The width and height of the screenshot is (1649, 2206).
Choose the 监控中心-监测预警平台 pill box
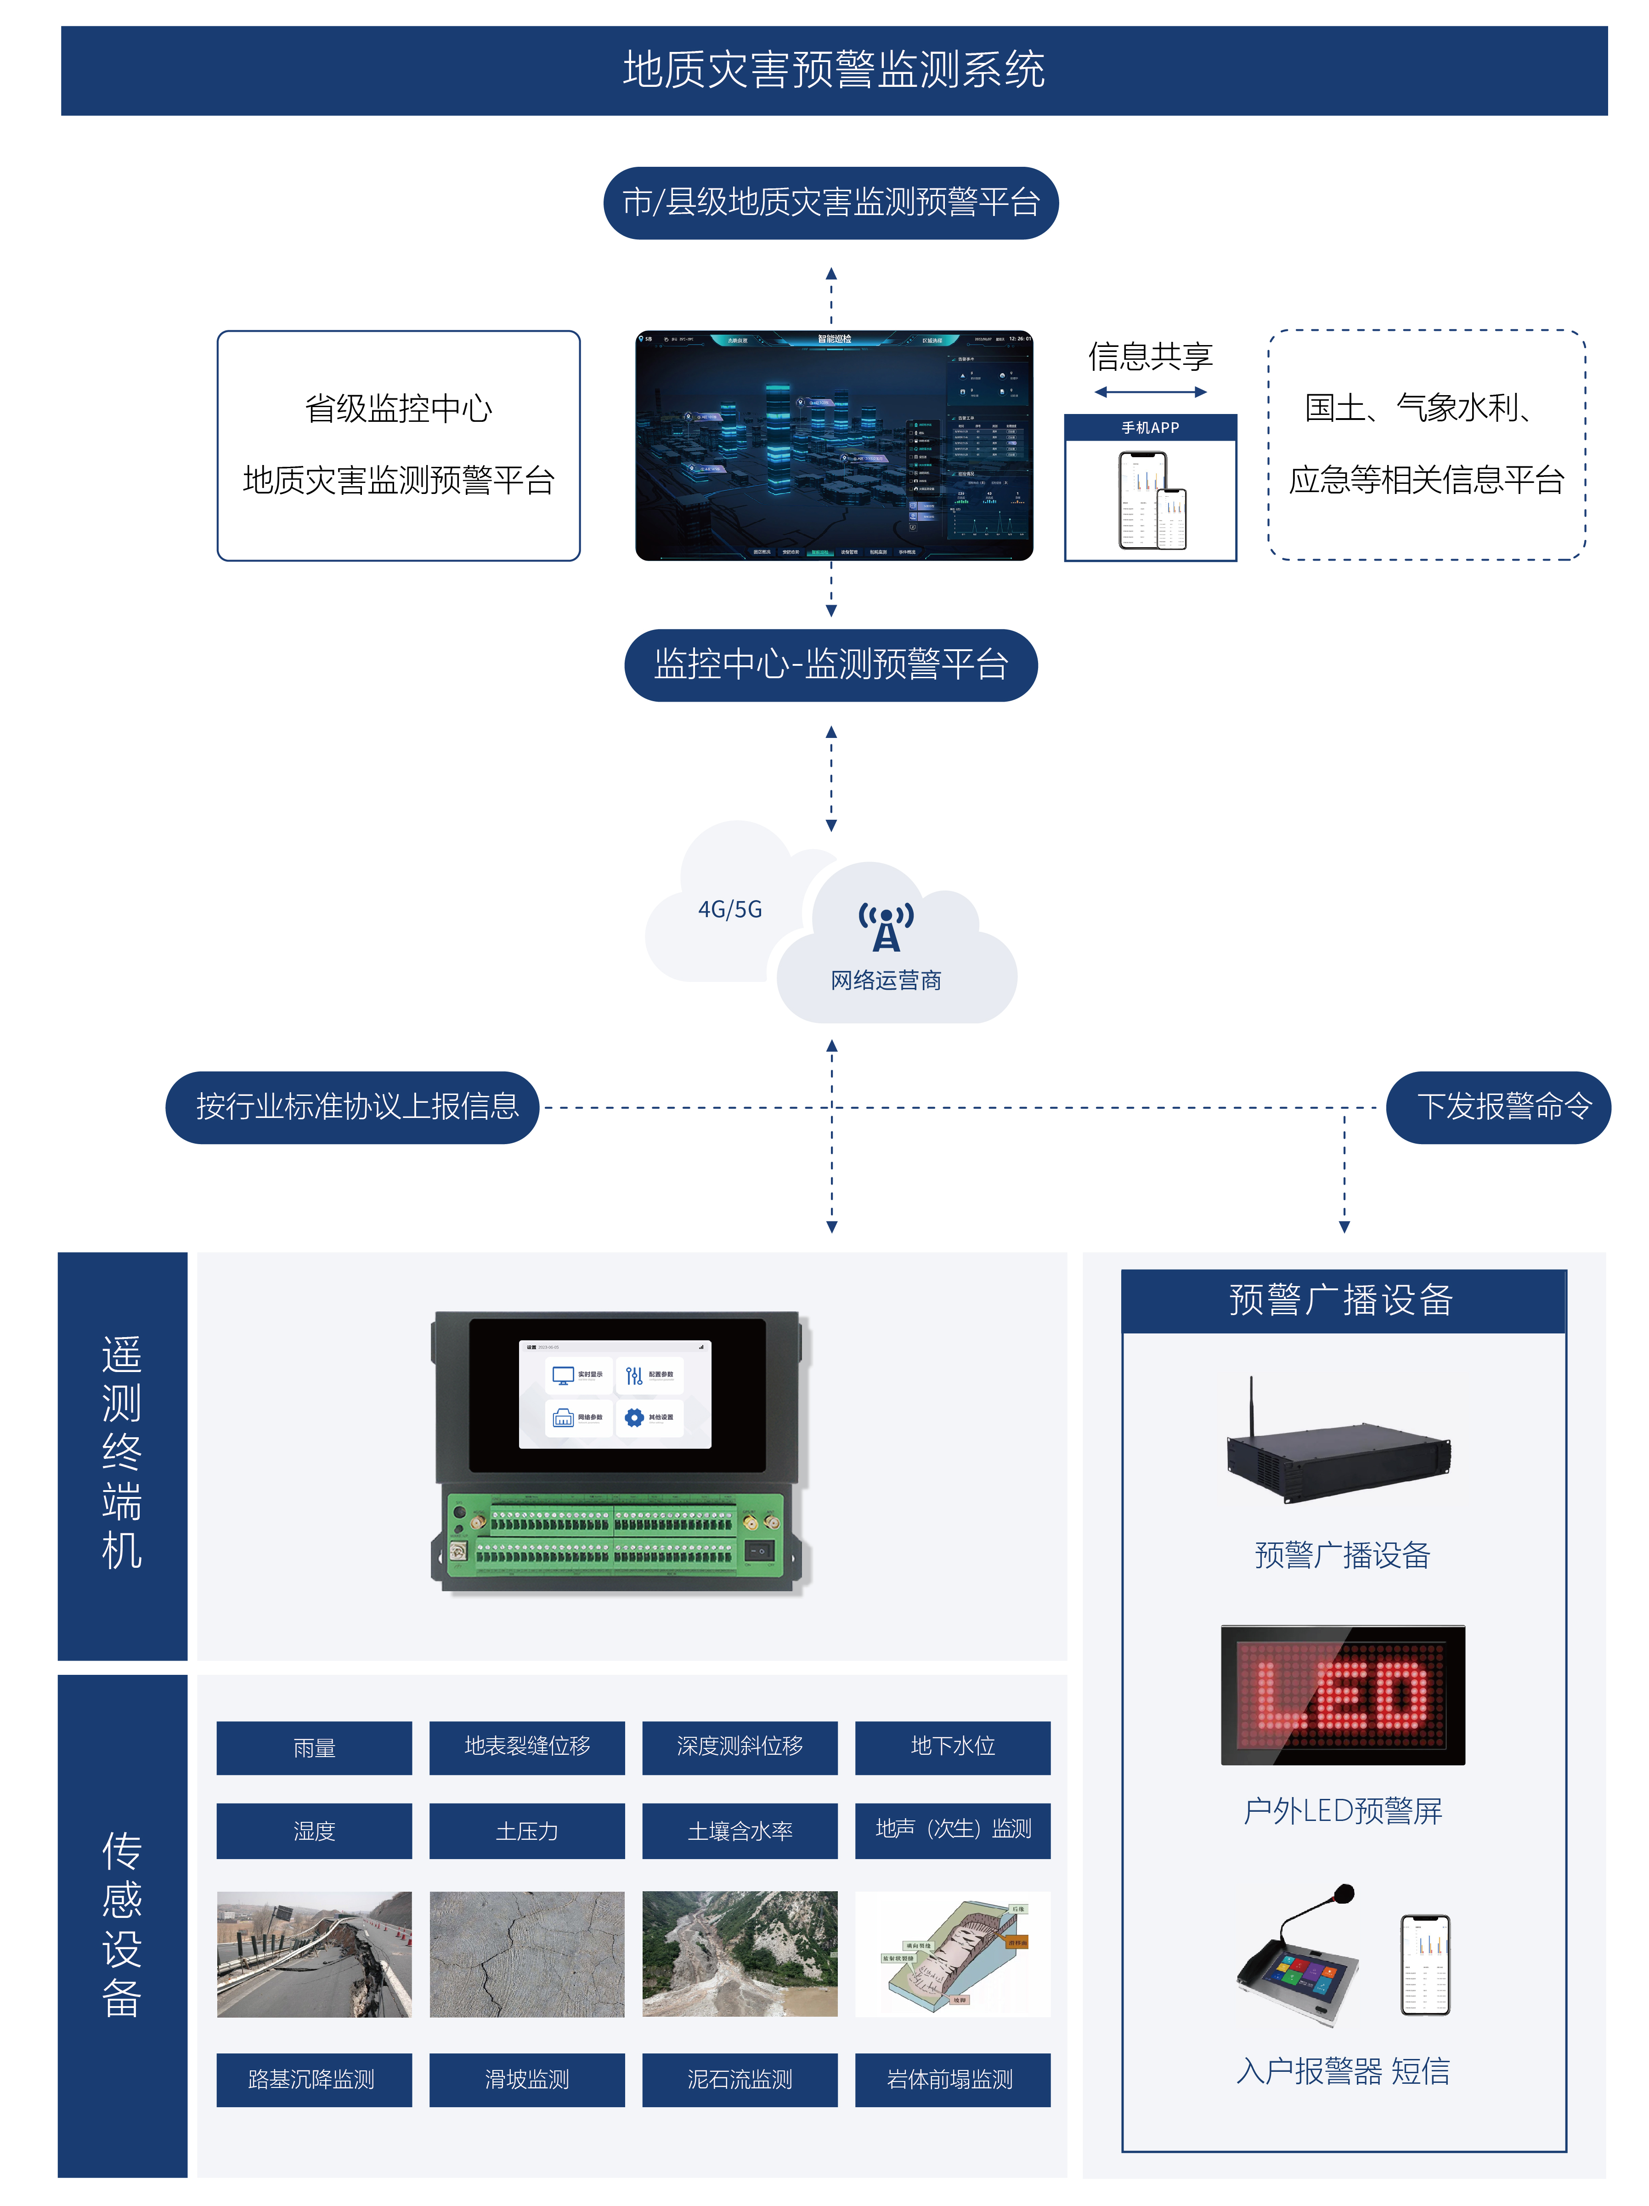pos(830,665)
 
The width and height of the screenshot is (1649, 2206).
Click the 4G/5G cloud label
pos(730,909)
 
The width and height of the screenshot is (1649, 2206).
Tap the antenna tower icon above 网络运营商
pos(885,928)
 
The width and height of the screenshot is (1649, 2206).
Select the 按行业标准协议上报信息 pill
pos(353,1107)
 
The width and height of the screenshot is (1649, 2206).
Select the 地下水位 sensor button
pos(952,1747)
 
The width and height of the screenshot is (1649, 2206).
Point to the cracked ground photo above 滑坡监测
pos(526,1955)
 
